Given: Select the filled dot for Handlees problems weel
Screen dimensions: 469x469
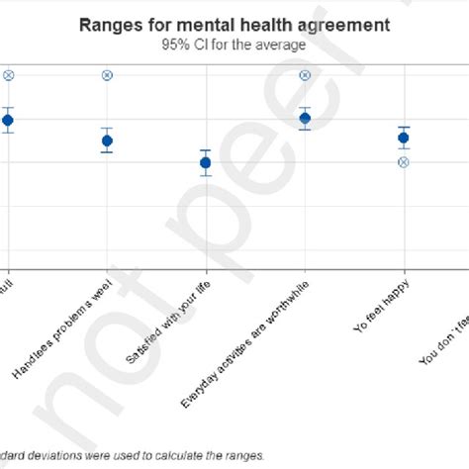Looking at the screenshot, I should coord(107,141).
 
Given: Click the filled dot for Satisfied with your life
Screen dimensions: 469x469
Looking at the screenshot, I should coord(205,162).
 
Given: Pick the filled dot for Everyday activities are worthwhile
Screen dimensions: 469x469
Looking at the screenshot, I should coord(305,119).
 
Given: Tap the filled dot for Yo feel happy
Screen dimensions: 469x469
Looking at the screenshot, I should coord(404,138).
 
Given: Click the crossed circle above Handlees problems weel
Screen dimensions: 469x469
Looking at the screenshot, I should coord(107,75).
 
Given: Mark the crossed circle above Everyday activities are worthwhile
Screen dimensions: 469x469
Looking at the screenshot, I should coord(305,75).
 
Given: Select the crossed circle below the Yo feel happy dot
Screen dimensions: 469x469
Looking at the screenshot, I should coord(404,161).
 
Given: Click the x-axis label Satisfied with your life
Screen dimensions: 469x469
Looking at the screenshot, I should coord(168,322).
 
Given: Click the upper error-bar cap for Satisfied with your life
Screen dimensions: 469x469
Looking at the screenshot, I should coord(205,149).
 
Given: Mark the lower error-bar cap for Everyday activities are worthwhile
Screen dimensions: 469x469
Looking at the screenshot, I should coord(305,130).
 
